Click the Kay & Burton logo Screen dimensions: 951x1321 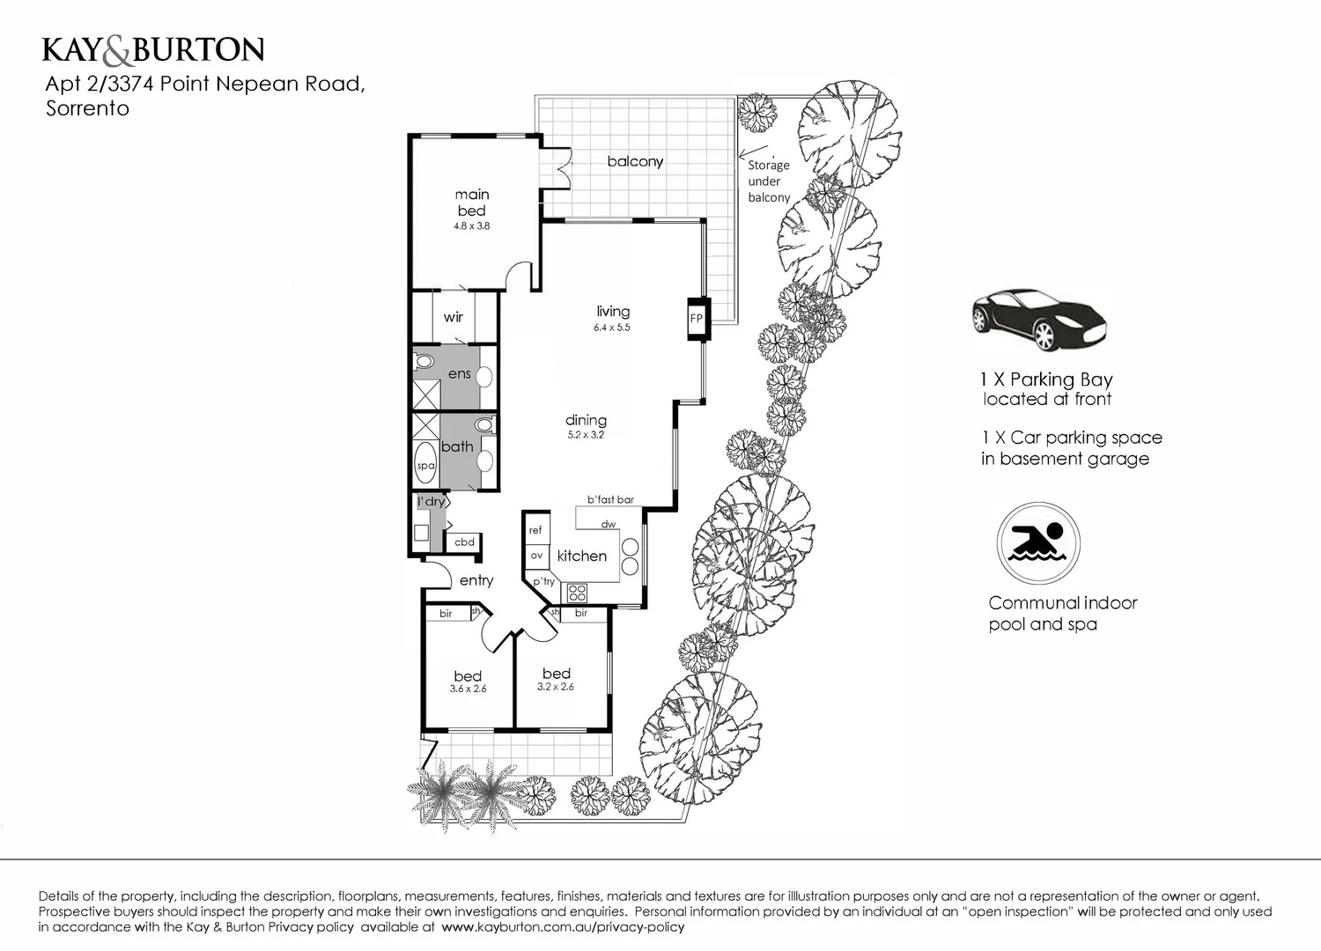tap(153, 50)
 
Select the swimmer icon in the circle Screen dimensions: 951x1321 tap(1038, 543)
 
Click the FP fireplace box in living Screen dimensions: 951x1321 tap(697, 319)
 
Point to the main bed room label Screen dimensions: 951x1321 tap(472, 203)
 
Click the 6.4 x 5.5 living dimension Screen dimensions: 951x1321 tap(612, 328)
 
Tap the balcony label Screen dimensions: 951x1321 tap(635, 161)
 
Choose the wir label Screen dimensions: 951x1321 tap(454, 317)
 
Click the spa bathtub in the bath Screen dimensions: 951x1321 tap(425, 465)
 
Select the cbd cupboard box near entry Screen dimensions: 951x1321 tap(464, 542)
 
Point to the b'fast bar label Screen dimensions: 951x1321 tap(610, 499)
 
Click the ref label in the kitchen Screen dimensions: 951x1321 tap(535, 530)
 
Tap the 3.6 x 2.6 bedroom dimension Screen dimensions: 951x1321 tap(468, 689)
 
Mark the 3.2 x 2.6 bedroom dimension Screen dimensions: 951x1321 tap(556, 687)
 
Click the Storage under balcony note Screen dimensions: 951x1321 tap(769, 181)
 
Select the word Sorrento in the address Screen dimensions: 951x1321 tap(87, 108)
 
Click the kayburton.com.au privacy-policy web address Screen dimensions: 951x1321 tap(563, 927)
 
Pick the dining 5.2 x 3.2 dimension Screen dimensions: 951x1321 tap(586, 435)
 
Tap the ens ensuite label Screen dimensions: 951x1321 tap(459, 374)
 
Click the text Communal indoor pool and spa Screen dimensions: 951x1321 tap(1062, 614)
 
